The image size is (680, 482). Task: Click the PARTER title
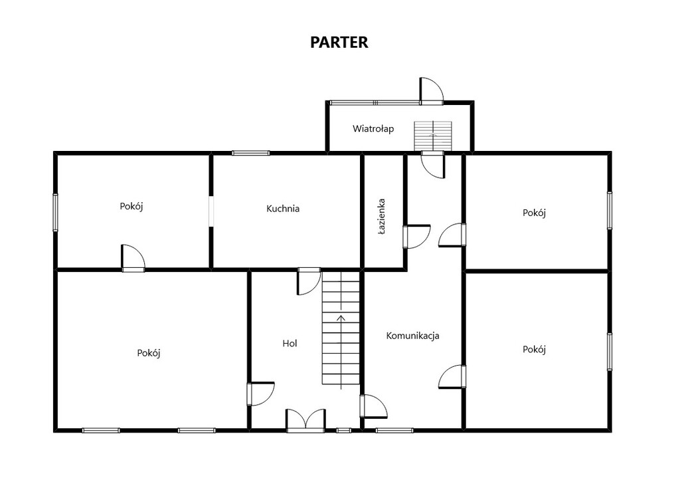click(x=339, y=42)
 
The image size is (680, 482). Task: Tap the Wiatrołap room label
click(x=373, y=128)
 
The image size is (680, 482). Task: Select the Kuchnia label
click(x=283, y=209)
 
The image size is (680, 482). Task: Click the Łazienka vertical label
click(x=382, y=217)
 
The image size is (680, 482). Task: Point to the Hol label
click(x=290, y=344)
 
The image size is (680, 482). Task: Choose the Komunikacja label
click(x=413, y=336)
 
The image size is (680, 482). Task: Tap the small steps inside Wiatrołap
click(x=433, y=136)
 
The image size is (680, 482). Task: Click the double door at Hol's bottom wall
click(x=305, y=420)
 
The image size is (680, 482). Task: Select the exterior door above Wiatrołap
click(x=432, y=91)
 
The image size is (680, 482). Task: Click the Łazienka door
click(x=417, y=237)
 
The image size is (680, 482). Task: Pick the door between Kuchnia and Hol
click(x=309, y=281)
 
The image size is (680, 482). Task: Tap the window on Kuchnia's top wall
click(x=250, y=153)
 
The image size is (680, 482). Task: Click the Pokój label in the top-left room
click(x=131, y=206)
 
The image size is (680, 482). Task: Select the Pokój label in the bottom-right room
click(x=534, y=350)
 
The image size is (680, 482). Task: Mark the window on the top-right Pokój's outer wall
click(x=610, y=211)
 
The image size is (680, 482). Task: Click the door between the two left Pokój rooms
click(x=133, y=259)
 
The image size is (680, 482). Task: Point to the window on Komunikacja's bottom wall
click(x=394, y=430)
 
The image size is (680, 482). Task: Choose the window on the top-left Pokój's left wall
click(x=56, y=212)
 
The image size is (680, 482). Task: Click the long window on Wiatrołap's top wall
click(x=375, y=103)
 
